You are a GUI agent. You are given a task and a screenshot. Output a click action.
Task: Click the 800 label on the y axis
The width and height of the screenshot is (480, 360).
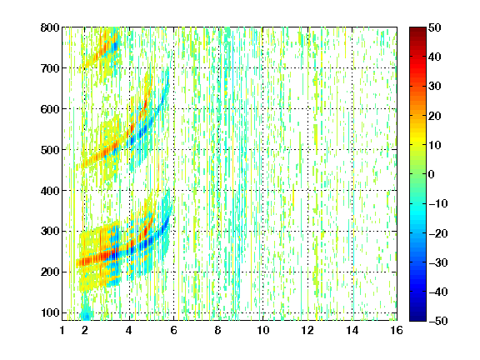coord(50,27)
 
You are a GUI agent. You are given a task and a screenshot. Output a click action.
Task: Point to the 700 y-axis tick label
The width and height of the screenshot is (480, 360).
coord(50,68)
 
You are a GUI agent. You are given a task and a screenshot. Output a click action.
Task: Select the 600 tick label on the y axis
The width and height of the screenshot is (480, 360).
coord(50,109)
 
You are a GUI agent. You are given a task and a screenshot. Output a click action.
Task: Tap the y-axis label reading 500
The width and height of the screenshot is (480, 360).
coord(50,150)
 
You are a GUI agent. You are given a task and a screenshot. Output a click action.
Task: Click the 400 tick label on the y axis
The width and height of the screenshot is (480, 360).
coord(50,191)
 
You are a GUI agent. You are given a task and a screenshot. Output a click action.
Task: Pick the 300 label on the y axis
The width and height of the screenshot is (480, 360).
coord(50,232)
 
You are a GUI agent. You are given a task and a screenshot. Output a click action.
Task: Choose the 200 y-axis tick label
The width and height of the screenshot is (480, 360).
coord(50,272)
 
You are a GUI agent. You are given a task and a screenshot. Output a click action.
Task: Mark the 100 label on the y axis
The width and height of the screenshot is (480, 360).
coord(50,312)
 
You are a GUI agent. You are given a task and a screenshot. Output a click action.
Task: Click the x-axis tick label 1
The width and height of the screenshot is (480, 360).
coord(62,330)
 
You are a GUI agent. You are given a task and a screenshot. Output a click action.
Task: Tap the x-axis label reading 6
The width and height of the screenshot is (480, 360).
coord(173,330)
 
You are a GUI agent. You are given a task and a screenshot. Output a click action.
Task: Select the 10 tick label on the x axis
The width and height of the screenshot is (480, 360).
coord(262,330)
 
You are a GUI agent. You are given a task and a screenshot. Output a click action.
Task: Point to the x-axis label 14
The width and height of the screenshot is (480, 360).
coord(352,330)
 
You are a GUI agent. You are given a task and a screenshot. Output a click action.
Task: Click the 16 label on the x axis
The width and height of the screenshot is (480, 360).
coord(397,330)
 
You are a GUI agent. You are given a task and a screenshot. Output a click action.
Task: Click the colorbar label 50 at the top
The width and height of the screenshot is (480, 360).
coord(434,27)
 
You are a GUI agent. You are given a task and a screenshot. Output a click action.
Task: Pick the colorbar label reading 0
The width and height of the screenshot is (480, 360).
coord(432,174)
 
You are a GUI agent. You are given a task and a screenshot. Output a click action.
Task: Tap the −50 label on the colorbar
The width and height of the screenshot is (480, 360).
coord(438,321)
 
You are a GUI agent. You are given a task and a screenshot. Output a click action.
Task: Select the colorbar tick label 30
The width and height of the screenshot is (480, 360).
coord(434,87)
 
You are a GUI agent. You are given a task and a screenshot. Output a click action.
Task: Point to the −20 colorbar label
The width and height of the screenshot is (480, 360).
coord(438,233)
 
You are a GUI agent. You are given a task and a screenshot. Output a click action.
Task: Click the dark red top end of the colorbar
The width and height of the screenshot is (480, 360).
coord(417,29)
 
